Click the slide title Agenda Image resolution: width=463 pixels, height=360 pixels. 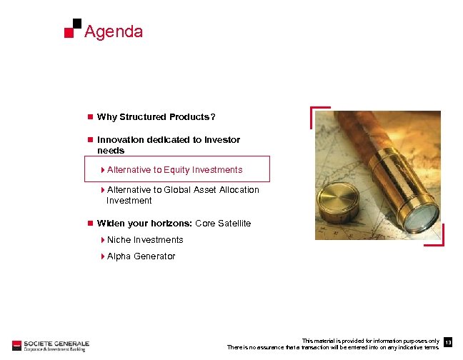113,32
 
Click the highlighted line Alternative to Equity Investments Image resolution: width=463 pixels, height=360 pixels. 174,170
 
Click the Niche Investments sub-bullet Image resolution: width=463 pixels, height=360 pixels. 144,240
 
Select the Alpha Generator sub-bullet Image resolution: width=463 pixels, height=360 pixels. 141,256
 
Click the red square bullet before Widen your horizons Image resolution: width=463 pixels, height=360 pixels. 90,224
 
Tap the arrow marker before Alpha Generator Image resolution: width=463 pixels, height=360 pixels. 103,256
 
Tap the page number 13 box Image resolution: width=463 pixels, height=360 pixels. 448,344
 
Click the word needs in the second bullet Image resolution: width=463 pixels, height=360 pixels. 111,151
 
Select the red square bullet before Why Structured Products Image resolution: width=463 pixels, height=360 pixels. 90,117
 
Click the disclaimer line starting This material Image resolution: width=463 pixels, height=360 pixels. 370,341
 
